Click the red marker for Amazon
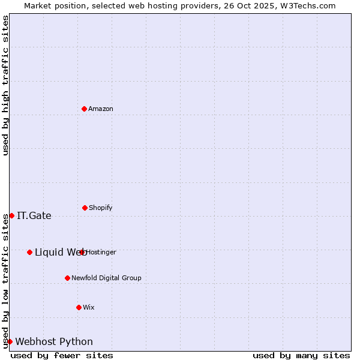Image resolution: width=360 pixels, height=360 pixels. pyautogui.click(x=84, y=109)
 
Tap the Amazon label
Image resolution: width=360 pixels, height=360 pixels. pyautogui.click(x=101, y=109)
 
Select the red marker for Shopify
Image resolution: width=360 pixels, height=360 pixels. pyautogui.click(x=85, y=208)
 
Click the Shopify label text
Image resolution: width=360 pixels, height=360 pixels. pyautogui.click(x=101, y=208)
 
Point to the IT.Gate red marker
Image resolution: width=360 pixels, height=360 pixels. pyautogui.click(x=11, y=215)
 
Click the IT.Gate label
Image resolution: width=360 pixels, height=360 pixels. pyautogui.click(x=34, y=216)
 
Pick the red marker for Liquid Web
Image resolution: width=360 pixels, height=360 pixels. pyautogui.click(x=29, y=252)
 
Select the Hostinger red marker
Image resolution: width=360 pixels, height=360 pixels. pyautogui.click(x=82, y=252)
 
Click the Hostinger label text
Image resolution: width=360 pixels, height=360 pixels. pyautogui.click(x=101, y=252)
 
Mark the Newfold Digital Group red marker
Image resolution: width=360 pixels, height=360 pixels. pyautogui.click(x=67, y=278)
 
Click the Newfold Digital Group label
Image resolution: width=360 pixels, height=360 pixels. pyautogui.click(x=107, y=278)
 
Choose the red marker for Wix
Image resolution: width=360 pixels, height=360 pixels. pyautogui.click(x=79, y=307)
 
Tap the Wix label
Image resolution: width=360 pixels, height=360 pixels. pyautogui.click(x=89, y=307)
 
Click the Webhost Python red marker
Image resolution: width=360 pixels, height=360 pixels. pyautogui.click(x=10, y=341)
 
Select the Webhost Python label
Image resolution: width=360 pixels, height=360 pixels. pyautogui.click(x=54, y=342)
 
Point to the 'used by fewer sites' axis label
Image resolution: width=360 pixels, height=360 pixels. pyautogui.click(x=62, y=355)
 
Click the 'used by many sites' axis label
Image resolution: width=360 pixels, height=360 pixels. pyautogui.click(x=301, y=355)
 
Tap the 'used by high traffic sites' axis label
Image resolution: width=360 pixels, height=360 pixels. pyautogui.click(x=5, y=85)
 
